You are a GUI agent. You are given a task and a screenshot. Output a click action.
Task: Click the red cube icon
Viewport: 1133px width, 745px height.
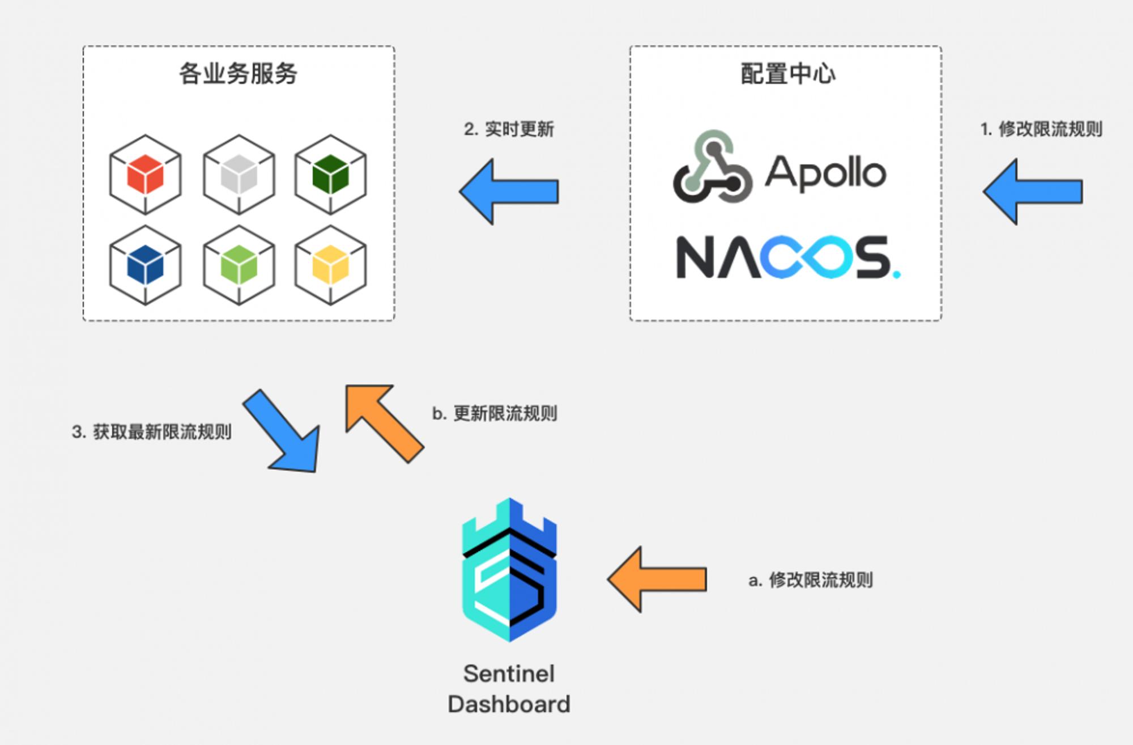(146, 175)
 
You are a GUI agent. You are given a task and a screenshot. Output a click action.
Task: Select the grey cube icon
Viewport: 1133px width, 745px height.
(239, 175)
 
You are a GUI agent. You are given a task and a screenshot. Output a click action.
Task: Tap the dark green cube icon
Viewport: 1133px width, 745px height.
(331, 175)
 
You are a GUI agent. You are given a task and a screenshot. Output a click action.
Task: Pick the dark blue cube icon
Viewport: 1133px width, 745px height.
(146, 265)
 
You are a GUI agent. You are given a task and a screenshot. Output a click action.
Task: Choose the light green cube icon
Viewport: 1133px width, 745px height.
(239, 265)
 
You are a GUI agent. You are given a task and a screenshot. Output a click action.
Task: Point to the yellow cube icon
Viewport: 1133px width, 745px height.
(331, 265)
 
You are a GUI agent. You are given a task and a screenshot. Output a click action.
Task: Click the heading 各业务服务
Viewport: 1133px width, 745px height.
(238, 74)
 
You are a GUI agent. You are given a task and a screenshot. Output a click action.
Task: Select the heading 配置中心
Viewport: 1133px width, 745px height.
(788, 74)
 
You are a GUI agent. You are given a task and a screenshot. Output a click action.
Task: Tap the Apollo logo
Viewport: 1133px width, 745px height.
(780, 167)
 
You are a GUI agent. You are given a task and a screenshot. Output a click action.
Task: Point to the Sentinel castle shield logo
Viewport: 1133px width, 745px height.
(509, 570)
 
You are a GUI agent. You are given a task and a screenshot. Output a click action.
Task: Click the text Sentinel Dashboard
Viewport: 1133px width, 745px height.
(509, 689)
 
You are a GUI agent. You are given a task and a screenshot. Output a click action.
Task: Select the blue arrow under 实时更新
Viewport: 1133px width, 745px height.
(509, 192)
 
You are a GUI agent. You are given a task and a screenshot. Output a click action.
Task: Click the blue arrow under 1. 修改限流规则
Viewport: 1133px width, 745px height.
(1033, 192)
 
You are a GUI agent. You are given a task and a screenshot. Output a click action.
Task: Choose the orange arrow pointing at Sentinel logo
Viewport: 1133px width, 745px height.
(657, 579)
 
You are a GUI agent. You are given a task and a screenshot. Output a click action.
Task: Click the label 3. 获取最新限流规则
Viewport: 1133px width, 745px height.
(152, 432)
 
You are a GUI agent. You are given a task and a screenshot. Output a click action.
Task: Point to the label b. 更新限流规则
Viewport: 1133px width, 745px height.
(495, 413)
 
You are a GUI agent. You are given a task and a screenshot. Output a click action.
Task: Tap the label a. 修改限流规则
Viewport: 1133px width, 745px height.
(811, 580)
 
